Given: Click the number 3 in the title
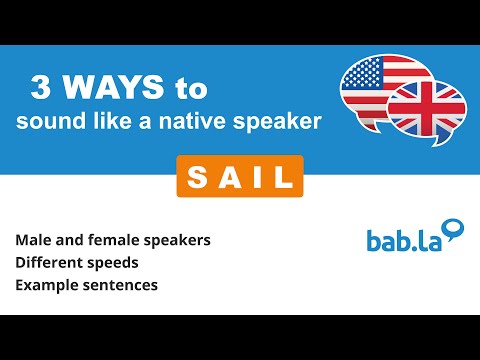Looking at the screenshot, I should point(41,89).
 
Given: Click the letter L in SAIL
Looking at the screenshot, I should point(279,178).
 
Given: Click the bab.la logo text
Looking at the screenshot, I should point(401,240).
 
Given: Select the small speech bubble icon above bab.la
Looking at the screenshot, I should point(455,230).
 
